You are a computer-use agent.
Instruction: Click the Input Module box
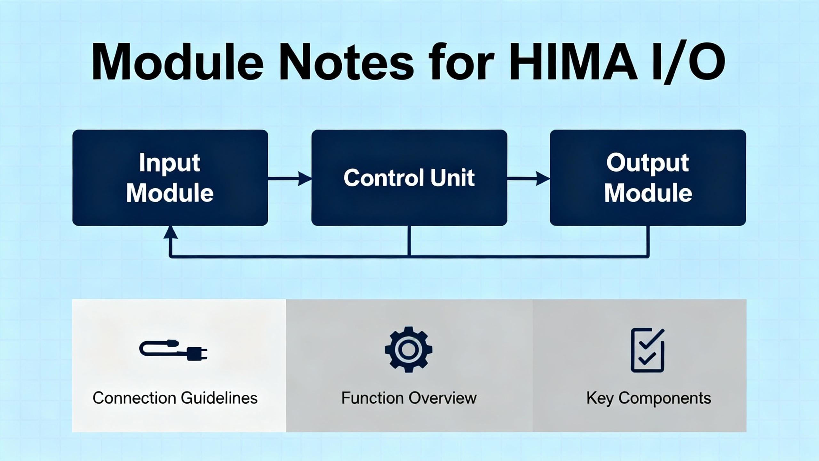coord(170,178)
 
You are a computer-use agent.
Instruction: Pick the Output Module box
coord(648,178)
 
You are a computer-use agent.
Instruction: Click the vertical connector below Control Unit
coord(409,241)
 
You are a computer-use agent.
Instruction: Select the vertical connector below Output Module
coord(648,241)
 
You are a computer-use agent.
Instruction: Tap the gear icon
coord(409,349)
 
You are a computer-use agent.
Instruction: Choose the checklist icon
coord(647,350)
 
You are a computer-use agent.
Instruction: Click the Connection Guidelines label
coord(175,398)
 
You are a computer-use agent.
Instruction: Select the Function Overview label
coord(409,398)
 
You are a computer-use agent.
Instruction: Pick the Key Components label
coord(648,398)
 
